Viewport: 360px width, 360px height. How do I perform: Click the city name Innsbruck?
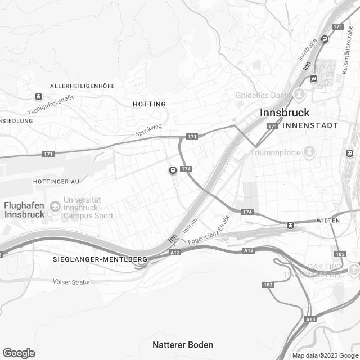[285, 113]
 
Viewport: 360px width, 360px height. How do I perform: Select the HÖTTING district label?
[150, 104]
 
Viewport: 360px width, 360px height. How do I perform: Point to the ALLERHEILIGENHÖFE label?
[82, 85]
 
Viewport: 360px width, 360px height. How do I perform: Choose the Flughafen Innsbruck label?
[24, 210]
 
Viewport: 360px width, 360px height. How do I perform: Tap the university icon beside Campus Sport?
[55, 206]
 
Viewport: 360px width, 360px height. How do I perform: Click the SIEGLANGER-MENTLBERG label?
[100, 259]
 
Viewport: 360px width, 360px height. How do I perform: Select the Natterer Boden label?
[183, 344]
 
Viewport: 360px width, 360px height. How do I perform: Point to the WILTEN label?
[328, 220]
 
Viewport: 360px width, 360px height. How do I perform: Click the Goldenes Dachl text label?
[262, 94]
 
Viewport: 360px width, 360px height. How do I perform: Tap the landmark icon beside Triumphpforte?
[309, 151]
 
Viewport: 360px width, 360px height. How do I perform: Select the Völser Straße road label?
[71, 281]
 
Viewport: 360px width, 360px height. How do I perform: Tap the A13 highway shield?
[310, 319]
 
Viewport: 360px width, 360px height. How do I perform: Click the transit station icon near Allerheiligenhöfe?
[38, 97]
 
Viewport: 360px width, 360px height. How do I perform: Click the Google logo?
[19, 353]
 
